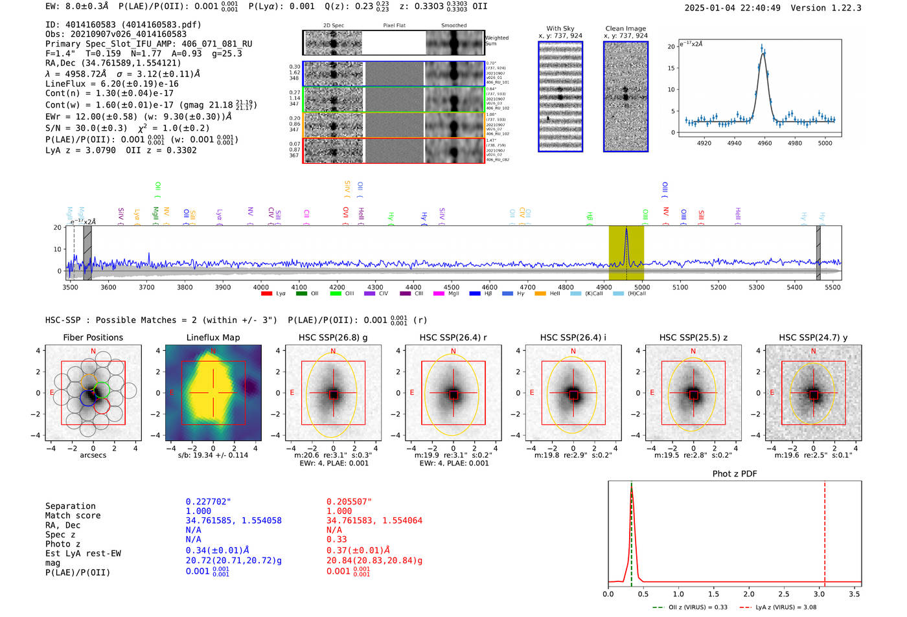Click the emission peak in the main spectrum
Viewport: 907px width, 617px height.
pos(626,229)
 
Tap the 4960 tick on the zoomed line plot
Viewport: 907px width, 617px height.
pos(764,143)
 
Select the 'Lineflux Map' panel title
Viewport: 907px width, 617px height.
pos(212,337)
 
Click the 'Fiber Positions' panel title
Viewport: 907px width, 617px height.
pos(93,337)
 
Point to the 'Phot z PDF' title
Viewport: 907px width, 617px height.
pos(735,474)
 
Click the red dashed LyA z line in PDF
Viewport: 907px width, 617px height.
pos(825,531)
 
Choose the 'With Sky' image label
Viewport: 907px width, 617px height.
pos(560,28)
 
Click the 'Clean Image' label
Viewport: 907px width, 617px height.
pos(626,28)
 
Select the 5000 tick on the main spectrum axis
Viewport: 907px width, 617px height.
pos(642,287)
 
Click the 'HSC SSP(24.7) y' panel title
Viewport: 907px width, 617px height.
pos(813,337)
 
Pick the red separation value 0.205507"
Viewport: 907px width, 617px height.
pos(349,502)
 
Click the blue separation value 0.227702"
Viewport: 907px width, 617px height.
pos(209,502)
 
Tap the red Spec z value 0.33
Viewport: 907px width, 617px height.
pos(336,539)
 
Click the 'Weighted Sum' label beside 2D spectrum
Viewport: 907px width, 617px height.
pos(497,41)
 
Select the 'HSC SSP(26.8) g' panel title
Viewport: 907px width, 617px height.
pos(333,337)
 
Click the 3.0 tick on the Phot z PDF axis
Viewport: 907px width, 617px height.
pos(820,594)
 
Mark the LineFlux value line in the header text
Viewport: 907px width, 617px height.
pos(111,84)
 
